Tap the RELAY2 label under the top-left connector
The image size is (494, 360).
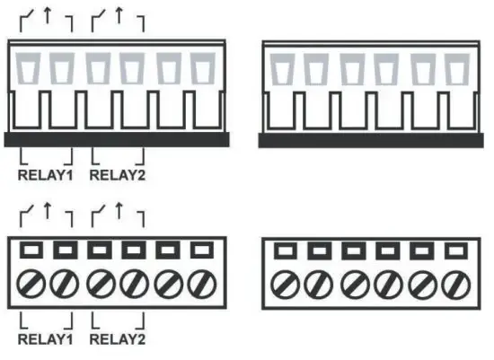coord(118,175)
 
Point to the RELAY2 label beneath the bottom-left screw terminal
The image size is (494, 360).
coord(118,340)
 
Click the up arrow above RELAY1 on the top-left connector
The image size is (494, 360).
coord(46,16)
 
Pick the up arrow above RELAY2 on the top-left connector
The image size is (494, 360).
coord(119,16)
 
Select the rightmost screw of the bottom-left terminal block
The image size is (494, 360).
coord(204,285)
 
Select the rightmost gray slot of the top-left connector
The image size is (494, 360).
coord(203,67)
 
